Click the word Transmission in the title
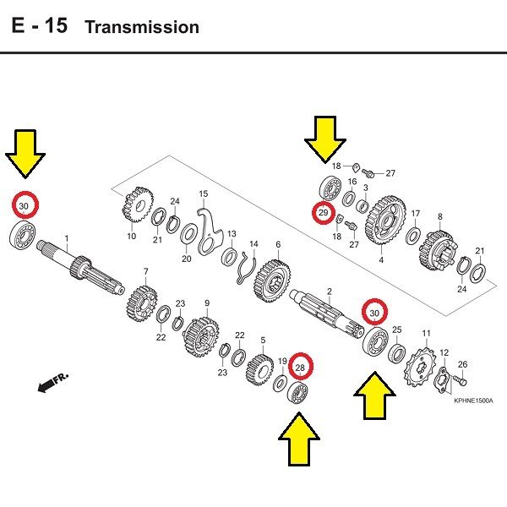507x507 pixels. click(x=142, y=27)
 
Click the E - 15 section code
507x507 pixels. click(x=41, y=26)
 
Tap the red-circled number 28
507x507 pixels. click(x=300, y=368)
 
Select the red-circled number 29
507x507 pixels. click(x=323, y=213)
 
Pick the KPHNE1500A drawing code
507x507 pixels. click(x=472, y=401)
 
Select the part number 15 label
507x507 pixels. click(x=203, y=194)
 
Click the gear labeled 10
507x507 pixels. click(x=135, y=208)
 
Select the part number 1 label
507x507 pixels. click(x=67, y=239)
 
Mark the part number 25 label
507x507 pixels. click(x=397, y=329)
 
